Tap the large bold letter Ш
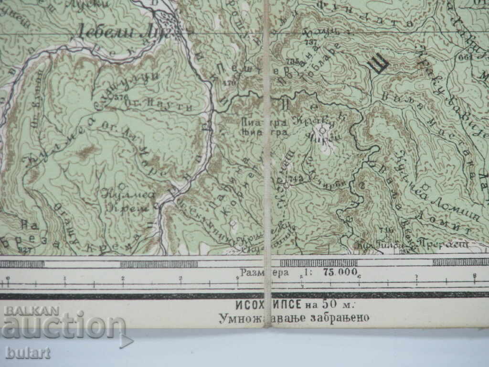coord(378,65)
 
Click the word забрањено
coord(339,318)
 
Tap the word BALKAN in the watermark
coord(32,311)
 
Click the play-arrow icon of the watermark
coord(126,341)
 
